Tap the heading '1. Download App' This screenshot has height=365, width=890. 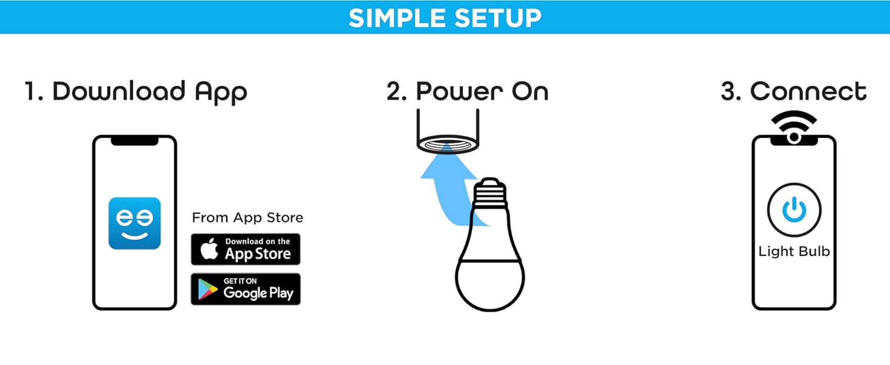(x=136, y=92)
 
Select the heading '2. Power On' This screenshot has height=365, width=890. (x=467, y=92)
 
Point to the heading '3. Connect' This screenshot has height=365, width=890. (x=793, y=92)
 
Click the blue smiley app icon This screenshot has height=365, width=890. (x=134, y=223)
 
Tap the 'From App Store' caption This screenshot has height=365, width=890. (x=247, y=218)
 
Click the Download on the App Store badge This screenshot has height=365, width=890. (x=246, y=249)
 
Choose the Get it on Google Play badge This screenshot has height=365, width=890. (x=246, y=289)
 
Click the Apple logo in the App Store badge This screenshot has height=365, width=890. (x=209, y=250)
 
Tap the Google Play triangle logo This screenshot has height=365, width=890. (x=208, y=290)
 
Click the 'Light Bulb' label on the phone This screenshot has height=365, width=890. (x=794, y=252)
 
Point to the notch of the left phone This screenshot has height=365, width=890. (x=134, y=141)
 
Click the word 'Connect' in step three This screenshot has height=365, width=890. (x=808, y=92)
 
